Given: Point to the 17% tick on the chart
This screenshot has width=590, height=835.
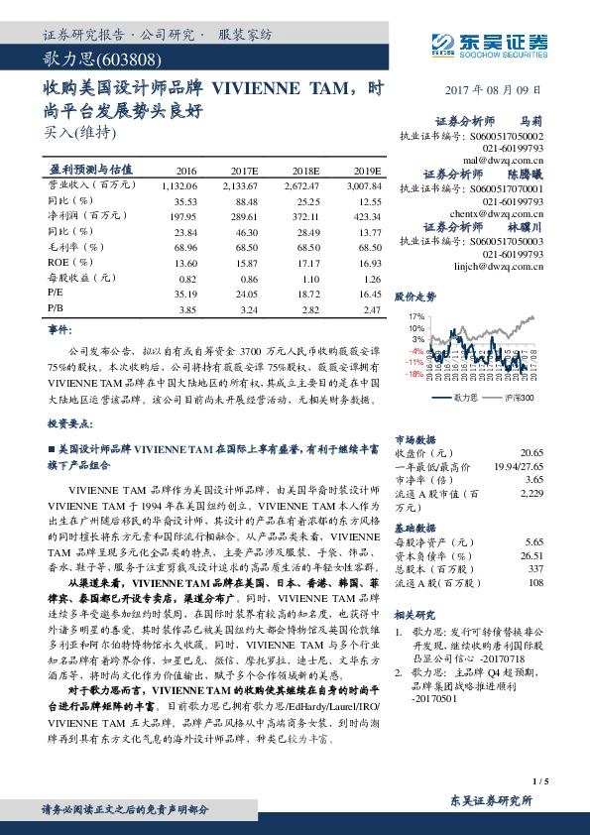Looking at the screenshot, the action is (415, 316).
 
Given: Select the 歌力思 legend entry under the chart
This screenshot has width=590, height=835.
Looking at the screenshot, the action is (466, 397).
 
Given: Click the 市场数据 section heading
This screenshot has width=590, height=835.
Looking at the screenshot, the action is (414, 437).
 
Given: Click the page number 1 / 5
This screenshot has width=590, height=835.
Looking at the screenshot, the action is (541, 783).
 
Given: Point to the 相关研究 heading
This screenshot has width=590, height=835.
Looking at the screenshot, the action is (414, 615).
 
